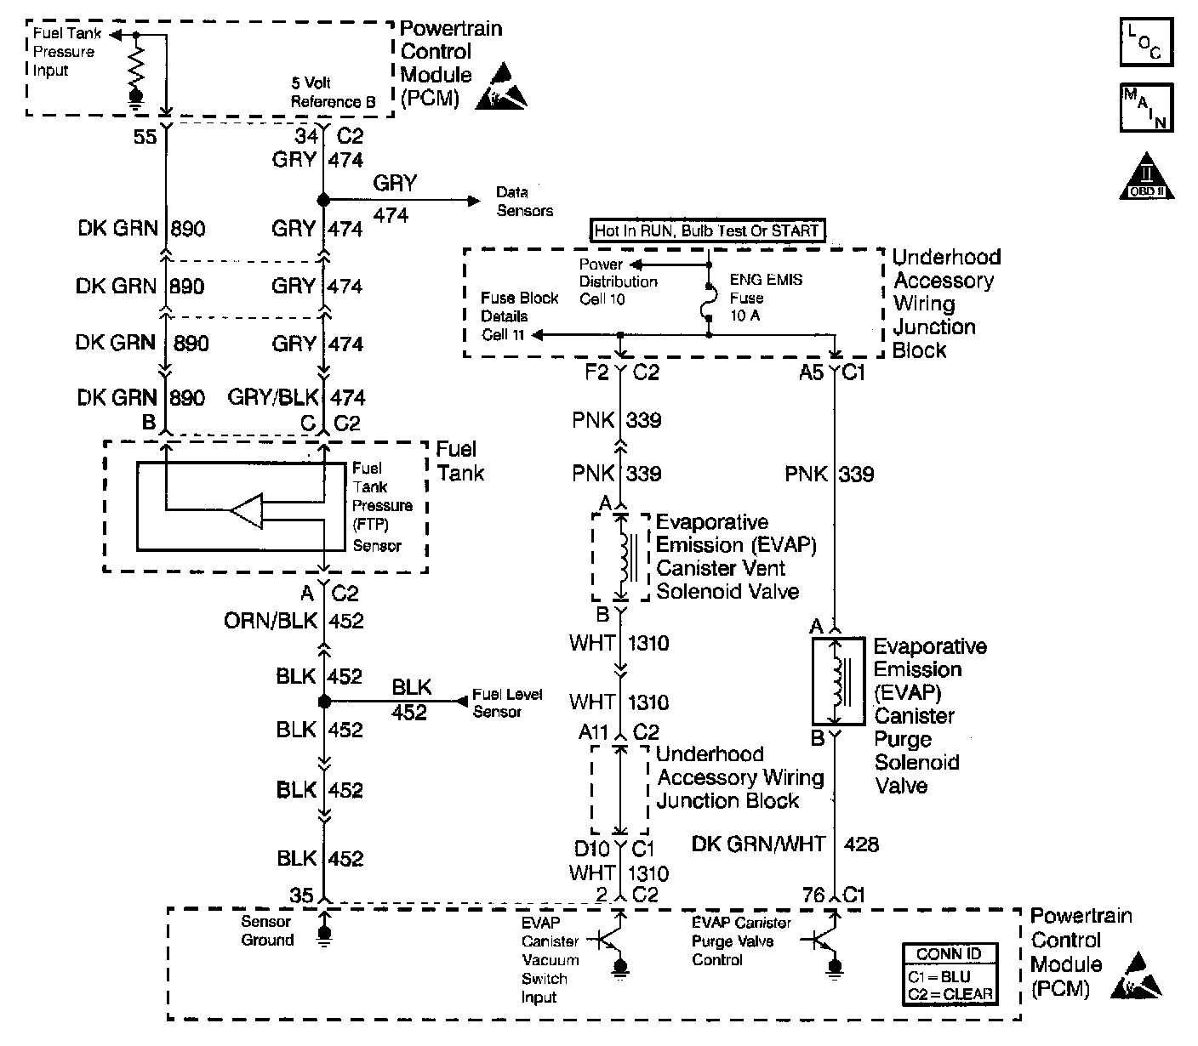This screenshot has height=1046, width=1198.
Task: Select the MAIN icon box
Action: (1145, 107)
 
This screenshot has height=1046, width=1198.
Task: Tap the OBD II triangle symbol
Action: (1146, 177)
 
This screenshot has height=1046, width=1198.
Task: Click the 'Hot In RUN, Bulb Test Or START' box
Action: (706, 230)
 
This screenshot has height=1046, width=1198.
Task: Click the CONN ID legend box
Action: (950, 974)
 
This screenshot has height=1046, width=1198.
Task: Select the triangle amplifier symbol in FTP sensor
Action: (248, 510)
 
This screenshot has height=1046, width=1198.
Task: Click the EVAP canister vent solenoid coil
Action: (626, 557)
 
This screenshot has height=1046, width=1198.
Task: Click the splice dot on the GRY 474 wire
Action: (323, 201)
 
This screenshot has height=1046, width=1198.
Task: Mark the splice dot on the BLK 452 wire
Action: (323, 702)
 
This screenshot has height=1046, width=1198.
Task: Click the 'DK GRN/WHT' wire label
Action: (758, 844)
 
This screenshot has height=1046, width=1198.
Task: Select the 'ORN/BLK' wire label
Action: (271, 622)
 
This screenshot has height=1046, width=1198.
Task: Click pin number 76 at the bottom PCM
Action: (813, 895)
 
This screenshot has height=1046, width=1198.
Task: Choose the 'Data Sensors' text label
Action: (524, 202)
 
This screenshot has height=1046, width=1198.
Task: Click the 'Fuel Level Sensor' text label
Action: (507, 702)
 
